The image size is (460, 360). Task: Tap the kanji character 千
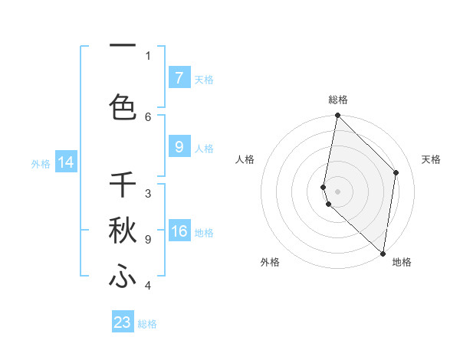(123, 185)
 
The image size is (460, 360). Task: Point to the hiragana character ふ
(123, 277)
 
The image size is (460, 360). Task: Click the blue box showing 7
(179, 77)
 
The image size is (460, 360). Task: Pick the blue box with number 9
(179, 147)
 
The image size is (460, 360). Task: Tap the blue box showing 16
(179, 232)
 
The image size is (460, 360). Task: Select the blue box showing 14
(66, 162)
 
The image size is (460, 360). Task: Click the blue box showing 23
(123, 322)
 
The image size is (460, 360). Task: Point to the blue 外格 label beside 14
(41, 163)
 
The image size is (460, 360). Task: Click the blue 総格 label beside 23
(147, 323)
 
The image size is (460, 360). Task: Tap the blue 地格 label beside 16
(204, 233)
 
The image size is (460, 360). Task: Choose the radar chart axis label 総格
(337, 100)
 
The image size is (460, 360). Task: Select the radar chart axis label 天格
(431, 159)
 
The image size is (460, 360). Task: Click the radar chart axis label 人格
(245, 159)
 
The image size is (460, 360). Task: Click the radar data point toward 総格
(337, 116)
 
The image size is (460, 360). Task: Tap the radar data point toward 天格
(396, 172)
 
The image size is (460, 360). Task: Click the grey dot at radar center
(337, 191)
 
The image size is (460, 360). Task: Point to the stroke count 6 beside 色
(148, 116)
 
